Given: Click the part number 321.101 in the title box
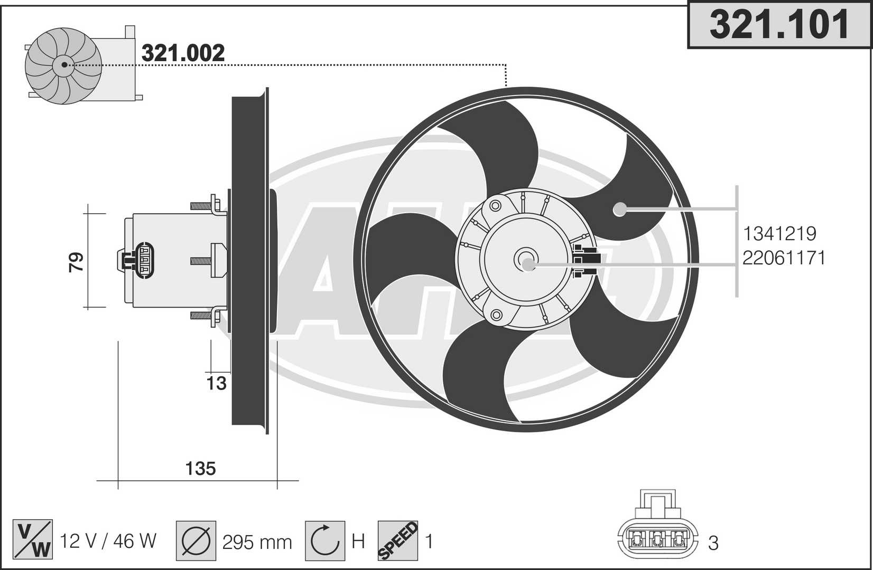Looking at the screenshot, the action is tap(779, 24).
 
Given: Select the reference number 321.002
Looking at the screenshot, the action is tap(183, 53).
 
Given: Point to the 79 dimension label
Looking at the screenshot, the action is tap(76, 262).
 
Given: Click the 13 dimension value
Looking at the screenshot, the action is tap(216, 384).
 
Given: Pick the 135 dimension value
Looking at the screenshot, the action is tap(200, 468).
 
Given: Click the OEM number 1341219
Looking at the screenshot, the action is tap(779, 234).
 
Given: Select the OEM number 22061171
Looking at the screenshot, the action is tap(784, 258).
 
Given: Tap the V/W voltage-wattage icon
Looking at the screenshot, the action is tap(32, 539).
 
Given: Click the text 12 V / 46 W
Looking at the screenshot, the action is tap(108, 541).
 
